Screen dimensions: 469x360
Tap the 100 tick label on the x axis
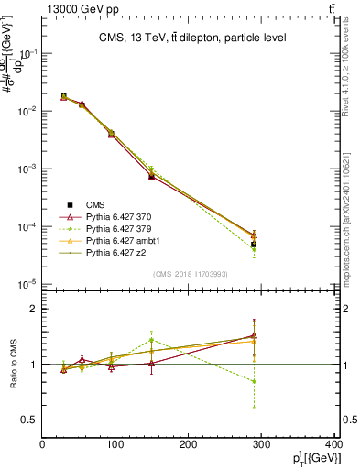pyautogui.click(x=115, y=444)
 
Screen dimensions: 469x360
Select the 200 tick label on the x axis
pyautogui.click(x=189, y=444)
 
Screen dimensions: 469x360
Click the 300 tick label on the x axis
pyautogui.click(x=262, y=444)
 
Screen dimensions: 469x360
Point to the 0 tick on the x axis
pyautogui.click(x=42, y=444)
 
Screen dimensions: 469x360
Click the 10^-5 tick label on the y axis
pyautogui.click(x=27, y=283)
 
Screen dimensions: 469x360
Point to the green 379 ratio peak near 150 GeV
pyautogui.click(x=152, y=340)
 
